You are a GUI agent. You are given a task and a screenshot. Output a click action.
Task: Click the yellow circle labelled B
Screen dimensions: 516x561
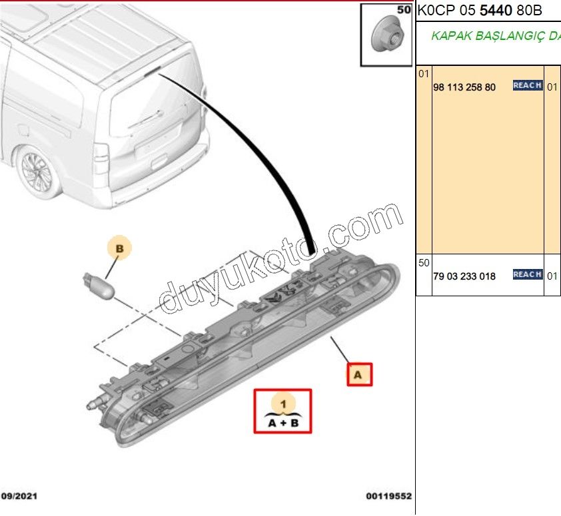pos(120,249)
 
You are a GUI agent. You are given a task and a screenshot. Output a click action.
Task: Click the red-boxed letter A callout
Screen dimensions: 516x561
pos(358,375)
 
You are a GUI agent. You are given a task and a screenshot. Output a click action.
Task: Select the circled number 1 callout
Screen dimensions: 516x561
pos(283,403)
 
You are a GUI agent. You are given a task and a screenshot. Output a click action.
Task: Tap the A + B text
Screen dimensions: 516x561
pos(283,422)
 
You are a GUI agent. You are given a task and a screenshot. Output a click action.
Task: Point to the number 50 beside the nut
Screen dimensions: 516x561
pos(404,10)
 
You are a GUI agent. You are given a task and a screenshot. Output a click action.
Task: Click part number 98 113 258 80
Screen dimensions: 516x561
pos(464,87)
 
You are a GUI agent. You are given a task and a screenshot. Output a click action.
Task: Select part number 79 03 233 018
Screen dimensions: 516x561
pos(464,276)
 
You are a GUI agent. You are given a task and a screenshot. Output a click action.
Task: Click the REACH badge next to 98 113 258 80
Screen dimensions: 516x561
pos(527,85)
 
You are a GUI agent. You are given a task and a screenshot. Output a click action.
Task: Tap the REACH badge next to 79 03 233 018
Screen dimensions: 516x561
pos(527,274)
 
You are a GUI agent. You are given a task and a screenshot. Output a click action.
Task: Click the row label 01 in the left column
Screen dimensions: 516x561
pos(424,73)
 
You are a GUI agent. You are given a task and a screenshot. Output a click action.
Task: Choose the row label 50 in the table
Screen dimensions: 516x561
pos(424,263)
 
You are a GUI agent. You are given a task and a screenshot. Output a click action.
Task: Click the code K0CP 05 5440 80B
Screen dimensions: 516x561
pos(479,11)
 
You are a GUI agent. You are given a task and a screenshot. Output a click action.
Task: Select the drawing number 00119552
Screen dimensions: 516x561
pos(388,496)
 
